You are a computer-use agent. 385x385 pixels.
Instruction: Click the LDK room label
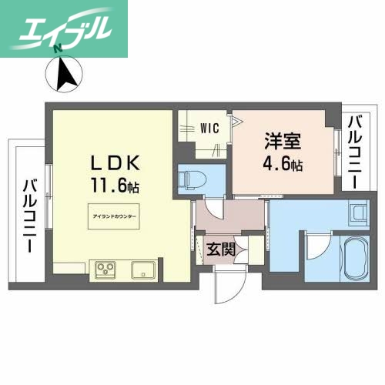[115, 164]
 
